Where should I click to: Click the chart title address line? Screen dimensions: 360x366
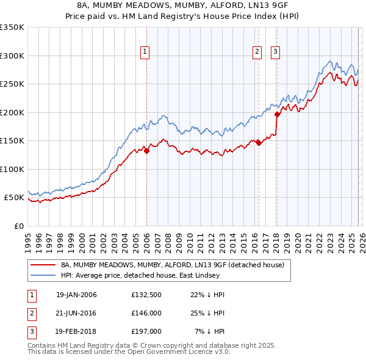tap(182, 6)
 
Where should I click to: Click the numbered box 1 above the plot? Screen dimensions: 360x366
tap(145, 52)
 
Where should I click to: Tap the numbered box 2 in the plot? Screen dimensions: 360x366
tap(257, 52)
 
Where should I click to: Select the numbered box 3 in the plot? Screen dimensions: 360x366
tap(275, 52)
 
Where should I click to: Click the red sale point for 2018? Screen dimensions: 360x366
tap(277, 114)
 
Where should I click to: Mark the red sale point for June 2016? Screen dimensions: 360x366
tap(259, 143)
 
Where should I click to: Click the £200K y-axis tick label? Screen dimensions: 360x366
tap(12, 112)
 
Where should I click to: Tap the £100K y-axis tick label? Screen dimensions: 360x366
tap(12, 169)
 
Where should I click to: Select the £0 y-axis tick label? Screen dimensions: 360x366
tap(18, 226)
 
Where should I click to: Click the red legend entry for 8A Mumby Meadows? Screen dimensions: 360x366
tap(172, 265)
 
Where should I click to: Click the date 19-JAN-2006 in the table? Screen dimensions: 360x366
tap(76, 295)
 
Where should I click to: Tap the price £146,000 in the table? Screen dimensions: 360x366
tap(146, 314)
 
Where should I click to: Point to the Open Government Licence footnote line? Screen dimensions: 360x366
tap(129, 351)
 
